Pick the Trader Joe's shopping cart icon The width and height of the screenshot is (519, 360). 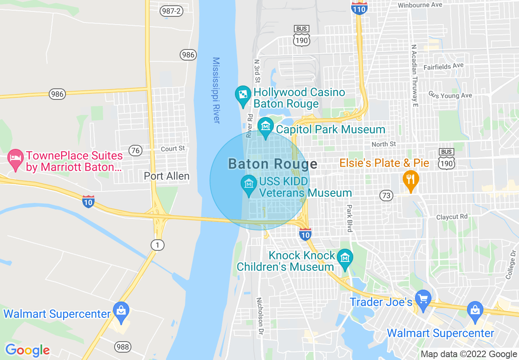click(x=423, y=299)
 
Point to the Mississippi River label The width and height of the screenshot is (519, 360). click(x=217, y=90)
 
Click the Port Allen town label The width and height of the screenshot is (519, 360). click(x=167, y=176)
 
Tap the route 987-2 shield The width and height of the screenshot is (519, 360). click(x=171, y=11)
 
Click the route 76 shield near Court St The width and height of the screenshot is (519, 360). click(x=135, y=151)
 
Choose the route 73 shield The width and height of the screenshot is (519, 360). click(x=386, y=196)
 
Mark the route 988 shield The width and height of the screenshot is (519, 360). click(x=122, y=347)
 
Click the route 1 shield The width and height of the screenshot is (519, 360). click(x=157, y=245)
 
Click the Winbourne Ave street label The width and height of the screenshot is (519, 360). click(x=420, y=5)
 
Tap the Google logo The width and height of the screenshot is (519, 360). click(x=27, y=350)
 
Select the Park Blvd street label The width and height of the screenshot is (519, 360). click(x=349, y=218)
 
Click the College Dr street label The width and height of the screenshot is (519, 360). click(x=510, y=265)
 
